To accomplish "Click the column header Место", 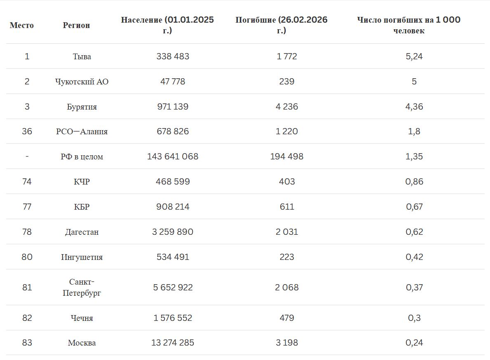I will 22,25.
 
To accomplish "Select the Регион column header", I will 76,25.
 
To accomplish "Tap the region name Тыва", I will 82,56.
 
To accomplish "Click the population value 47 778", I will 173,82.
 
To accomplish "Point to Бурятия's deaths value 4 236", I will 286,107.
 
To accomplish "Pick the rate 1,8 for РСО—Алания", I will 414,131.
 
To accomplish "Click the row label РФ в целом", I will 82,157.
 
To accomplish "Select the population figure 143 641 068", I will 173,157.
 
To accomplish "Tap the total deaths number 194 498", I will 286,157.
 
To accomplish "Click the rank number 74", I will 27,182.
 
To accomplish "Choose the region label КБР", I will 82,207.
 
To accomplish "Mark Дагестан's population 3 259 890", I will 173,232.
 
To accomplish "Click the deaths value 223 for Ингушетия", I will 286,257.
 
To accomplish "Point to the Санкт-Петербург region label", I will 82,288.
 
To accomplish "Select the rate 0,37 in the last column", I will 414,288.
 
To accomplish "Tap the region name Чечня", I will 82,318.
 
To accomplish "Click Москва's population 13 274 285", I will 173,343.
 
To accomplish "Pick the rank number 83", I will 27,343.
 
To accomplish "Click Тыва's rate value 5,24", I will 414,56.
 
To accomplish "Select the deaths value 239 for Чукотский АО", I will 286,82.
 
